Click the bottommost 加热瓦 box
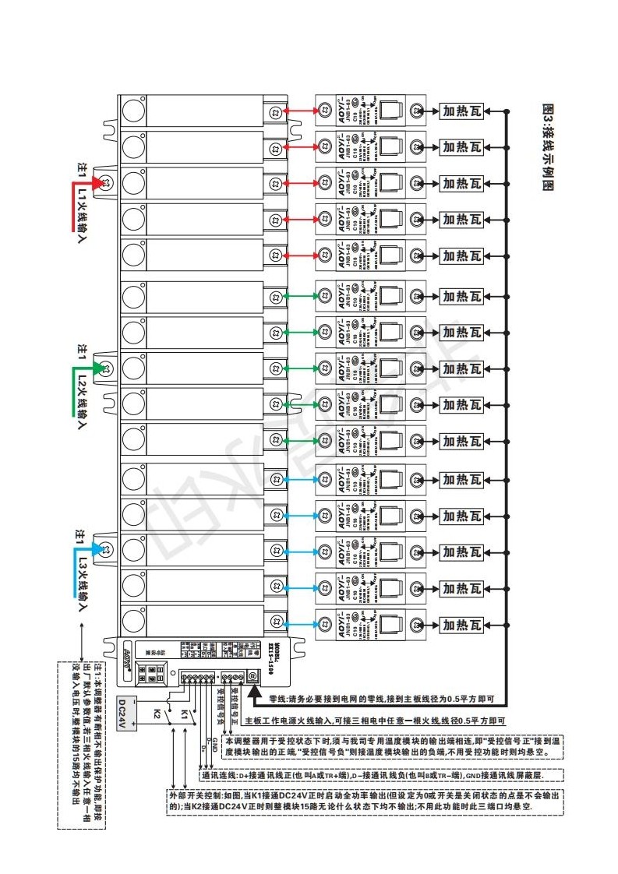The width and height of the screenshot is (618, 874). [462, 624]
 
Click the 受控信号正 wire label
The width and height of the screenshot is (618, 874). [233, 703]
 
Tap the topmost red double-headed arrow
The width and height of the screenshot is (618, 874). [298, 112]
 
